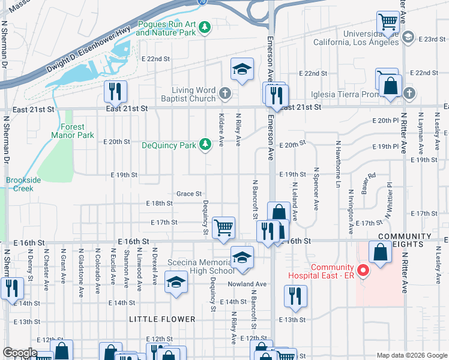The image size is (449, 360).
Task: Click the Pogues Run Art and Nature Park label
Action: point(166,28)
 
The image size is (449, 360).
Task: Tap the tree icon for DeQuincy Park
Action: point(205,145)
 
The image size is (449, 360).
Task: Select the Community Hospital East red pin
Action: point(363,271)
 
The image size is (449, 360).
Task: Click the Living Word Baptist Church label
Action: point(188,94)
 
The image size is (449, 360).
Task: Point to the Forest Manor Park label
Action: point(77,131)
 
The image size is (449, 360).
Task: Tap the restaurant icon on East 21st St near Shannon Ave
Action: point(113,91)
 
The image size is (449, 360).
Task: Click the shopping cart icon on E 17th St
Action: point(223,227)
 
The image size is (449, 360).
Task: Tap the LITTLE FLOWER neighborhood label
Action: point(162,319)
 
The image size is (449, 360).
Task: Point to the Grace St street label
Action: point(188,194)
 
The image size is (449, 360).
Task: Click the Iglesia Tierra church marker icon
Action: point(409,93)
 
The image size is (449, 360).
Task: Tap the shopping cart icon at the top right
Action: point(388,22)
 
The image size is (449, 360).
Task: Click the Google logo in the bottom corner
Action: point(20,353)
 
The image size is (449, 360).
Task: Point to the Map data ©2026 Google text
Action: point(411,355)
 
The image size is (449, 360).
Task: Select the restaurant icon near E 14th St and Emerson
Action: point(295,296)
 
